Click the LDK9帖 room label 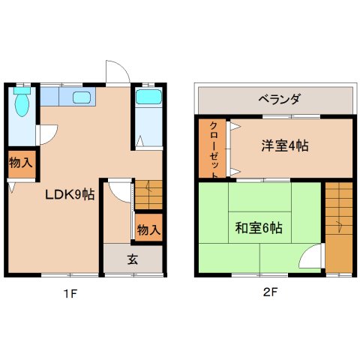[x=69, y=195]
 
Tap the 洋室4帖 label [x=284, y=145]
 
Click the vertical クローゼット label [x=214, y=148]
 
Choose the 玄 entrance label [x=132, y=260]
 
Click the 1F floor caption [x=70, y=293]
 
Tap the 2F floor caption [x=271, y=293]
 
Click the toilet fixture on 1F [x=22, y=105]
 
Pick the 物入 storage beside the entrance [x=148, y=229]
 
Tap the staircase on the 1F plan [x=148, y=195]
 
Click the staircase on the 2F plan [x=339, y=226]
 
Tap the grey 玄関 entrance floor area [x=133, y=259]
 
